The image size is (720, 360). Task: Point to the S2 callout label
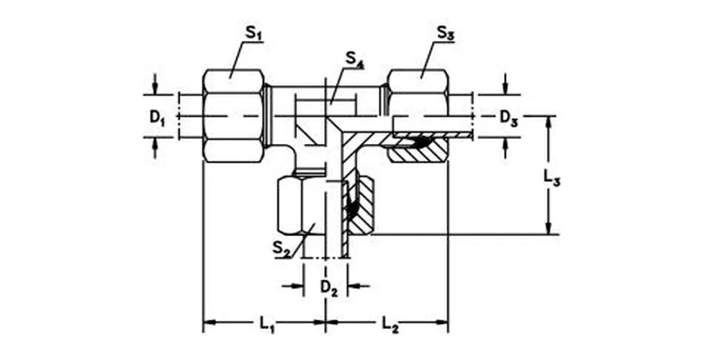coord(282,248)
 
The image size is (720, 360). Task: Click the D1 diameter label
coord(157,117)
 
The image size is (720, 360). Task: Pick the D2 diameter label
coord(329,287)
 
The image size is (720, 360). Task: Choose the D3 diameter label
coord(508,117)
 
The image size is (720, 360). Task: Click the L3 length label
coord(551,179)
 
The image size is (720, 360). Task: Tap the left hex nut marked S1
coord(233,115)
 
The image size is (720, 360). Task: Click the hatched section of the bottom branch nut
coord(364,205)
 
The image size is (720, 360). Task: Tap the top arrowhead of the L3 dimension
coord(551,121)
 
